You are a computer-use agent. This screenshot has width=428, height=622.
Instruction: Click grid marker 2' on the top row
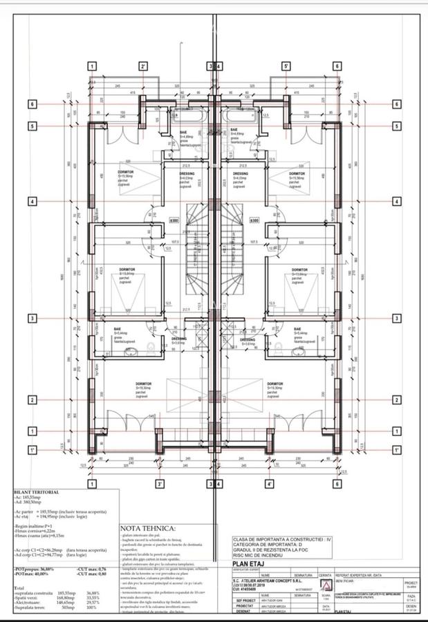click(x=142, y=66)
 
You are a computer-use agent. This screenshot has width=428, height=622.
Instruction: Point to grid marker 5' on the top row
click(x=285, y=66)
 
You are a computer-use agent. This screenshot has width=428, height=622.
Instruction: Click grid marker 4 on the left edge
click(x=32, y=201)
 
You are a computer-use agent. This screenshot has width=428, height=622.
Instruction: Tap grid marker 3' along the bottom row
click(x=160, y=484)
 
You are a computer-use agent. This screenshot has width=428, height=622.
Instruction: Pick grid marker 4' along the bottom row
click(x=269, y=484)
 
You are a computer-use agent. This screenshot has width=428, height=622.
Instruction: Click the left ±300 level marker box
click(x=174, y=221)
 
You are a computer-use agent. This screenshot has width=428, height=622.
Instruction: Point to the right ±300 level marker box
click(x=254, y=221)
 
